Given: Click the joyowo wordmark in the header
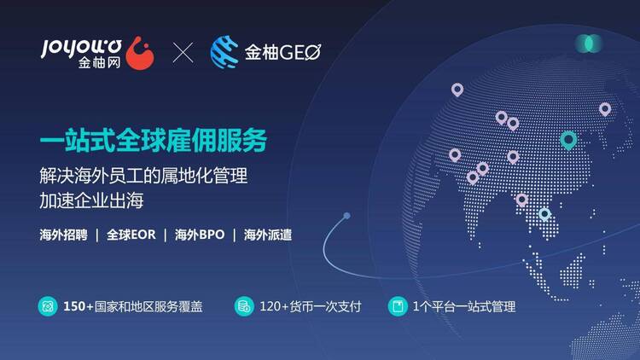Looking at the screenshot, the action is click(81, 48).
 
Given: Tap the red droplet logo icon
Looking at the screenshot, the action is click(140, 53).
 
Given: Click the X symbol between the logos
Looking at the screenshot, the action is click(183, 53).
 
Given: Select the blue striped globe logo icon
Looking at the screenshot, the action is click(224, 52).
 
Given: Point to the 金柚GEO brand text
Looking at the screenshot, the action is click(282, 52).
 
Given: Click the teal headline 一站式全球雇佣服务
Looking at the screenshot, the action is click(154, 140).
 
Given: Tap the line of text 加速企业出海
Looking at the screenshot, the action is click(91, 200).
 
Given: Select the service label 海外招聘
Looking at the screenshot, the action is click(63, 235).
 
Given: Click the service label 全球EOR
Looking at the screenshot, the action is click(131, 235).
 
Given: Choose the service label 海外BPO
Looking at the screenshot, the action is click(200, 235).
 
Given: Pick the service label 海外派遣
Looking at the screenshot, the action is click(268, 235).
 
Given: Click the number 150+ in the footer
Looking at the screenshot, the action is click(79, 306).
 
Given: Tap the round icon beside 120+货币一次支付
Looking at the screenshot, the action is click(244, 306).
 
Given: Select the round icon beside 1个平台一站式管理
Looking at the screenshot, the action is click(398, 306).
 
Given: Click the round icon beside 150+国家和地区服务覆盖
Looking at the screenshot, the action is click(48, 306).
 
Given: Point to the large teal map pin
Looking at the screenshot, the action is click(568, 141).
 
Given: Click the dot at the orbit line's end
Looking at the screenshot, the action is click(346, 216).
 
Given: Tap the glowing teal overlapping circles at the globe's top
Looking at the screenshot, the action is click(589, 44).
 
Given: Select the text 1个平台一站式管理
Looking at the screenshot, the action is click(464, 306).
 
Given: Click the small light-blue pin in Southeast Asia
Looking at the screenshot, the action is click(544, 214).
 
